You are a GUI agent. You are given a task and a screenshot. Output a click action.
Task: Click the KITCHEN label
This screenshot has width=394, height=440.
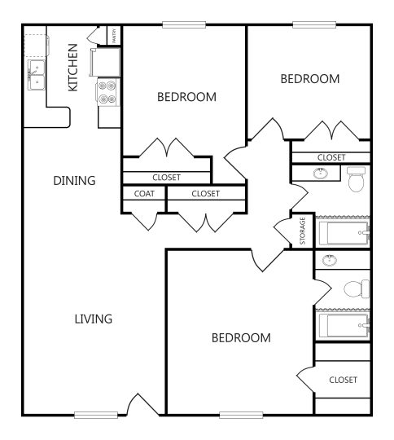[x=73, y=68]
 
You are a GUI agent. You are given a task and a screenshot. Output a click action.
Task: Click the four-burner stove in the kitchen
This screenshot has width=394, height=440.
[x=107, y=91]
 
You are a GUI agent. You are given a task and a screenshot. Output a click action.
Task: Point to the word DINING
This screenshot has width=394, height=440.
[x=74, y=181]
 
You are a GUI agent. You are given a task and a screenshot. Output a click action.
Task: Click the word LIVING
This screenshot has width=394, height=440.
[x=92, y=319]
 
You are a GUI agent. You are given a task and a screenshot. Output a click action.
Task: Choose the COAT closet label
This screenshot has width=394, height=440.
[x=144, y=194]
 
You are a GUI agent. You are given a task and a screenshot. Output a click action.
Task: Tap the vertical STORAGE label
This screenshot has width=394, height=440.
[x=303, y=231]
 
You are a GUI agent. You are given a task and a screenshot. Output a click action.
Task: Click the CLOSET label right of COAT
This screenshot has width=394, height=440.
[x=205, y=194]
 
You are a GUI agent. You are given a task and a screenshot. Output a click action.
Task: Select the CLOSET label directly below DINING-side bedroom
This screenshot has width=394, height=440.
[x=166, y=177]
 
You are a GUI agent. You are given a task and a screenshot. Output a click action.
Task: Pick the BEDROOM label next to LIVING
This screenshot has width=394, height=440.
[x=241, y=338]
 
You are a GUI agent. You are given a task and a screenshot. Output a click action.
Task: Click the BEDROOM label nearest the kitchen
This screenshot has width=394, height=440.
[x=186, y=97]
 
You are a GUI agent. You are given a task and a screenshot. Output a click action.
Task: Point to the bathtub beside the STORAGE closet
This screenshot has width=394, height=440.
[x=343, y=232]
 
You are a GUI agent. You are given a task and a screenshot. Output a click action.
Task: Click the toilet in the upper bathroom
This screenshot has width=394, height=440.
[x=357, y=178]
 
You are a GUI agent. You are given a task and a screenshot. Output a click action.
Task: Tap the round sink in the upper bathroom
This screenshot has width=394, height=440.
[x=321, y=174]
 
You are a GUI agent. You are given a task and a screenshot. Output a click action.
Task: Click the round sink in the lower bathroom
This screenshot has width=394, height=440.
[x=329, y=261]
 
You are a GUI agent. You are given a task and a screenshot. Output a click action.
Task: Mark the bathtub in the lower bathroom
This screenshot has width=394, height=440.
[x=343, y=325]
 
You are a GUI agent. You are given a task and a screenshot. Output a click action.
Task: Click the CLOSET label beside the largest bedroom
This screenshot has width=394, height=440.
[x=343, y=380]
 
